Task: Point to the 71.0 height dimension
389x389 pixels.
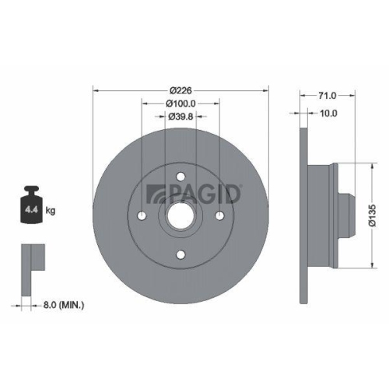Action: tap(328, 96)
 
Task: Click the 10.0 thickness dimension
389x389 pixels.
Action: tap(328, 114)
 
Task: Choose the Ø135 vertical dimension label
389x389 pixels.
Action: tap(371, 215)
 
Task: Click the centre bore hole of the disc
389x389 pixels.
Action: tap(180, 216)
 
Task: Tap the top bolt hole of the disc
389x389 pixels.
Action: tap(180, 177)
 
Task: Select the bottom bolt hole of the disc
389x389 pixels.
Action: tap(180, 254)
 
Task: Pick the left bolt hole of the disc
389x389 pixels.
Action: tap(142, 216)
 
